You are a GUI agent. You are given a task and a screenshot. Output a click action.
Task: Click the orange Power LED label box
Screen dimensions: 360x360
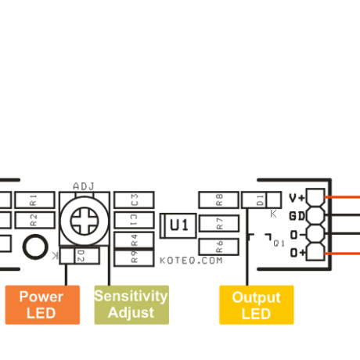click(x=41, y=304)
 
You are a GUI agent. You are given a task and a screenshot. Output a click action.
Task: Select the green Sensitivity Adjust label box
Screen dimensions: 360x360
click(x=131, y=304)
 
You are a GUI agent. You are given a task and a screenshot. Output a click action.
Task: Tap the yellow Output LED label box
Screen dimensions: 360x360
click(x=256, y=304)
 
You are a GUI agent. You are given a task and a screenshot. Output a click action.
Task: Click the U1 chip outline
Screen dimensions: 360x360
click(x=179, y=225)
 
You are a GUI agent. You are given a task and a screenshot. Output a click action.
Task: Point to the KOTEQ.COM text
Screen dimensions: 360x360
click(x=191, y=260)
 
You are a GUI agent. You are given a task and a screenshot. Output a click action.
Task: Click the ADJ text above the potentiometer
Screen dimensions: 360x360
click(x=83, y=186)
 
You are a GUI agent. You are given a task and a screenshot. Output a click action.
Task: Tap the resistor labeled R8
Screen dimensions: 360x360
click(x=219, y=199)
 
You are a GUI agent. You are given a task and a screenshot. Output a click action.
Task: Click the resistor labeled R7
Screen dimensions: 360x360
click(x=219, y=223)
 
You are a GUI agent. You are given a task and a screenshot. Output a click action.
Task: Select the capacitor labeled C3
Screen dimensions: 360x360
click(x=135, y=199)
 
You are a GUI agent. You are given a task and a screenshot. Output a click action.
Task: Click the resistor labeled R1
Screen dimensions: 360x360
click(x=32, y=199)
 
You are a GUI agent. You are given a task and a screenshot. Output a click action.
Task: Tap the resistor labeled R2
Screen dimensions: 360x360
click(x=32, y=220)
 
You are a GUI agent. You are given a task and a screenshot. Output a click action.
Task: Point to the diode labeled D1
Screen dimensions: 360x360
click(x=261, y=199)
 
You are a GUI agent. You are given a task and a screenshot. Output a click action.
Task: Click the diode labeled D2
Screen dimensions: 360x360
click(x=79, y=255)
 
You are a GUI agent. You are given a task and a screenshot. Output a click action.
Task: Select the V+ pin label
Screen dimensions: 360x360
click(x=297, y=199)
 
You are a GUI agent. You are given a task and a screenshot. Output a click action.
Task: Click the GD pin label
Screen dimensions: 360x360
click(x=297, y=216)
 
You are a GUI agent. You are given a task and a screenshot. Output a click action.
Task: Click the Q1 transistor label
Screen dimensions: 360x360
click(x=279, y=244)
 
